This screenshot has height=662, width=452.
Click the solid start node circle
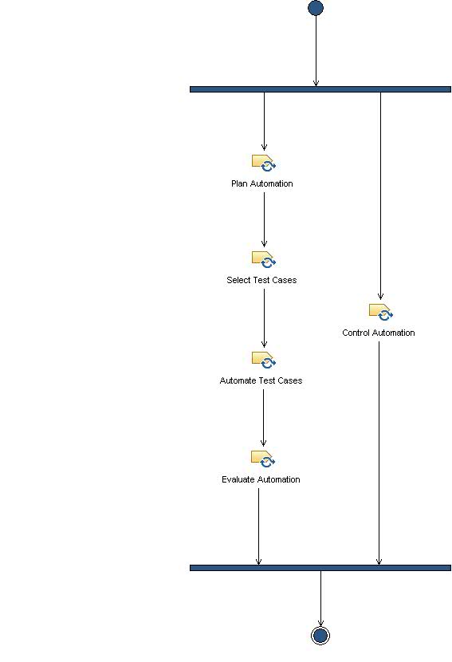point(316,8)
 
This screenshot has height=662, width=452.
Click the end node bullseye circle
point(320,635)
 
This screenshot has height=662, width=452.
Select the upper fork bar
point(320,89)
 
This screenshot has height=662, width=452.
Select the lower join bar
point(320,568)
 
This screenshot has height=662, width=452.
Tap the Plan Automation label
point(262,183)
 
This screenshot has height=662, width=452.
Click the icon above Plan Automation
point(263,163)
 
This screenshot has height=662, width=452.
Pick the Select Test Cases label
point(261,280)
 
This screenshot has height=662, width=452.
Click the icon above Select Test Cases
point(263,260)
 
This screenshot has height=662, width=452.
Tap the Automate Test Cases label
point(261,380)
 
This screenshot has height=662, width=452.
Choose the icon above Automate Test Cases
point(263,360)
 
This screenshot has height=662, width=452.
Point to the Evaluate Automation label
point(261,479)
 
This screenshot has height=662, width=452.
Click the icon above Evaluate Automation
point(263,459)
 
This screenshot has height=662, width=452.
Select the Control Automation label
point(379,333)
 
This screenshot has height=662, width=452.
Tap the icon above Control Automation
point(380,312)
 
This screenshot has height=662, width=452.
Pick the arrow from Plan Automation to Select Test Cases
point(264,219)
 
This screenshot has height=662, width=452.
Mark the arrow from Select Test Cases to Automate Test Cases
point(264,317)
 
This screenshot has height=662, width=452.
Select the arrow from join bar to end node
point(320,598)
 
